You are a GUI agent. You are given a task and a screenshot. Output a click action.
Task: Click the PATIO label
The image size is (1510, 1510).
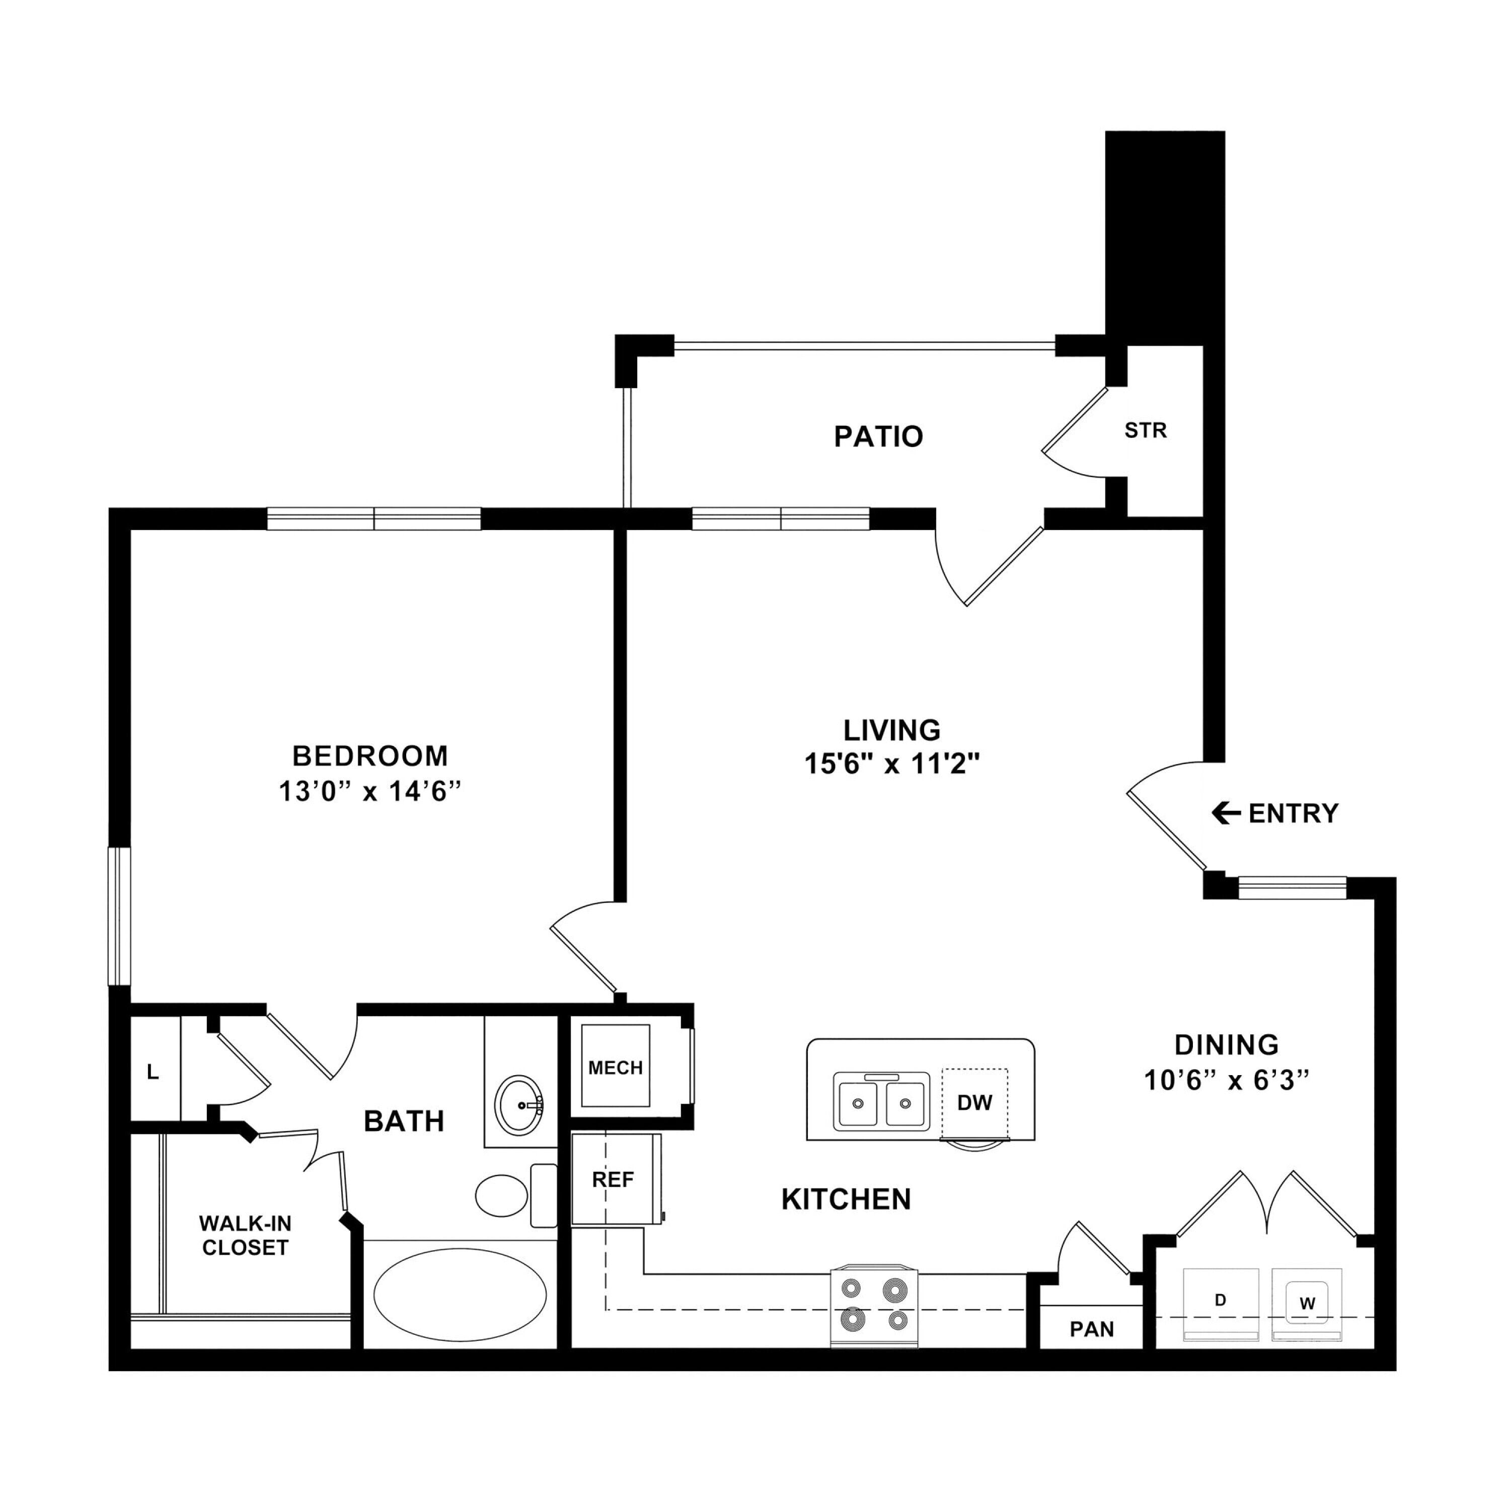tap(878, 436)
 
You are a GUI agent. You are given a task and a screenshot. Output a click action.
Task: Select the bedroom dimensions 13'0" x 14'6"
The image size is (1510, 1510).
tap(369, 792)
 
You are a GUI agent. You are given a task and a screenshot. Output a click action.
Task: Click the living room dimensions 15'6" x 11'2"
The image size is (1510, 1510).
tap(892, 763)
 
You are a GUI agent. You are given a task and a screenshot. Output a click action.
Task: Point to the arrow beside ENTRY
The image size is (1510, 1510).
tap(1226, 813)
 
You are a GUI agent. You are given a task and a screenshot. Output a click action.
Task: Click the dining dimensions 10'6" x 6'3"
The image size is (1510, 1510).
tap(1226, 1080)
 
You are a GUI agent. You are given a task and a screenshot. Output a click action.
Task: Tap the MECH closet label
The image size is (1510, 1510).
tap(615, 1068)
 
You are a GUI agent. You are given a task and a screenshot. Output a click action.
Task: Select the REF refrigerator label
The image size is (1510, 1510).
tap(613, 1179)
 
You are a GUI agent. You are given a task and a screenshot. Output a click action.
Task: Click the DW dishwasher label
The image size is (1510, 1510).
tap(974, 1103)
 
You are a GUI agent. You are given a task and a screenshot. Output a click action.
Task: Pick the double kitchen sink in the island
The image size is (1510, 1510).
tap(882, 1102)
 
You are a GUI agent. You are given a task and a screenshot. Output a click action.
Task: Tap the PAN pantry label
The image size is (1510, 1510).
tap(1092, 1329)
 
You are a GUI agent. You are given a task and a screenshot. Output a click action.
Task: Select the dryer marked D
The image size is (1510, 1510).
tap(1221, 1305)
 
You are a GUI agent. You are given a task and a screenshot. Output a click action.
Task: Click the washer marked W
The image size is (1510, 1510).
tap(1307, 1305)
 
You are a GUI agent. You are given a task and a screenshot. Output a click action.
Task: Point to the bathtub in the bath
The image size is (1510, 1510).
tap(460, 1294)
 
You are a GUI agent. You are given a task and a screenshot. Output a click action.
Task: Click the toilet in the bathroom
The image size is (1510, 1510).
tap(516, 1195)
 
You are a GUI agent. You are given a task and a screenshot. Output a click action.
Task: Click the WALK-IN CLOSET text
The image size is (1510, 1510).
tap(246, 1236)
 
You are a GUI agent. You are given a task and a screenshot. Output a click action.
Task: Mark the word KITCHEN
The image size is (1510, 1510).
tap(847, 1199)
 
